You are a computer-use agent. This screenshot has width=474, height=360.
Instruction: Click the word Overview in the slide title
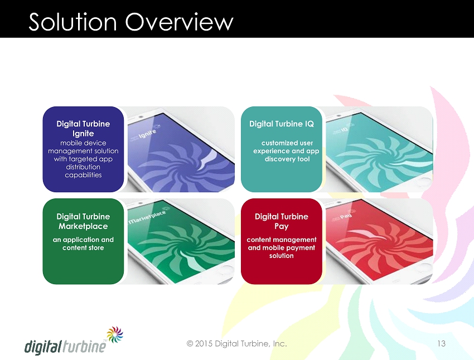click(179, 22)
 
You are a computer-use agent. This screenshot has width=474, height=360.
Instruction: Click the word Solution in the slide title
click(72, 22)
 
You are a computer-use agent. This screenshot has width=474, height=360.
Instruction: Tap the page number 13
click(441, 343)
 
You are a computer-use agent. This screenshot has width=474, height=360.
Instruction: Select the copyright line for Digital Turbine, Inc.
click(236, 344)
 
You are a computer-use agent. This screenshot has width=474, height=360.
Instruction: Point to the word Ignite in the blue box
click(83, 134)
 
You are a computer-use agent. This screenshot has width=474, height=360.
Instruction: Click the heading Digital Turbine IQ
click(282, 124)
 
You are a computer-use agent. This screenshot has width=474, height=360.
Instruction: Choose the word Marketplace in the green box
click(83, 226)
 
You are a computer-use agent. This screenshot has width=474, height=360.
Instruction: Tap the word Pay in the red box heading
click(282, 226)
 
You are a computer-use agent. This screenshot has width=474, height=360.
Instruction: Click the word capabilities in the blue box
click(83, 175)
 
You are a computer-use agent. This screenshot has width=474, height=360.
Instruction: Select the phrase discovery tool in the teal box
click(287, 159)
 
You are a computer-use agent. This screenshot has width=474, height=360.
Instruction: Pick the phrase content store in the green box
click(83, 247)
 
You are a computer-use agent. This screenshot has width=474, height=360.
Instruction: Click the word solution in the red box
click(282, 255)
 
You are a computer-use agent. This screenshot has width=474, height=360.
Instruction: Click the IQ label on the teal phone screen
click(345, 129)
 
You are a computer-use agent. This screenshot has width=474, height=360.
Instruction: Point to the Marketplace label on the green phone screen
click(147, 217)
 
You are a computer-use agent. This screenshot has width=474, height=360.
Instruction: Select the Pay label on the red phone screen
click(346, 216)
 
